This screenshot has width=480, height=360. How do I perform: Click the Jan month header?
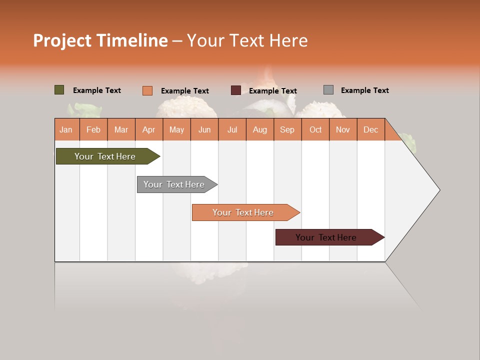pos(66,130)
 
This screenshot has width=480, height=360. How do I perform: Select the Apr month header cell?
pos(149,130)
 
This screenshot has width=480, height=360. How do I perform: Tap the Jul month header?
pos(232,130)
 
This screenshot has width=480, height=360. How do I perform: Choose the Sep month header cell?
pos(287,130)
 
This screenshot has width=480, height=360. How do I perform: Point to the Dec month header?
pos(371,130)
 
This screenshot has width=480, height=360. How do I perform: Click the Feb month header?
pos(93,130)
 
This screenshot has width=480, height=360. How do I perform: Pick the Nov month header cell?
pos(343,130)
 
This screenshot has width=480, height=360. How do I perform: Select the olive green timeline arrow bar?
pos(105,156)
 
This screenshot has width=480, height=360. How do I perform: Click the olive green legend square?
pos(59,90)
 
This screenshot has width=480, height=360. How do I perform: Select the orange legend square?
pos(147,90)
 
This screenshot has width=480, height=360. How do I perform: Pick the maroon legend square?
pos(236,90)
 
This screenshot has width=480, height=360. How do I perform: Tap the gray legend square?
pos(328,90)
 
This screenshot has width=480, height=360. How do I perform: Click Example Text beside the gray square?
pos(364,90)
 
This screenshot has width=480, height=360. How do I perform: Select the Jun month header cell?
pos(204,130)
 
